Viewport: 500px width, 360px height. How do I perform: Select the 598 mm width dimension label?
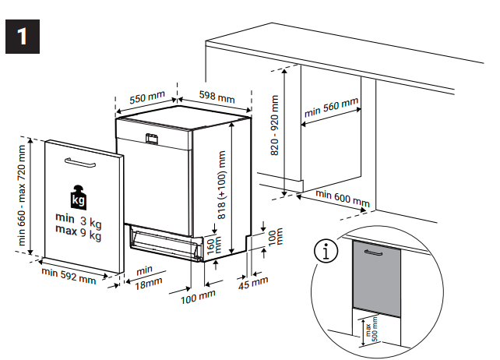pyautogui.click(x=217, y=97)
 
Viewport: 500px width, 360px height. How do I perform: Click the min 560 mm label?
pyautogui.click(x=331, y=108)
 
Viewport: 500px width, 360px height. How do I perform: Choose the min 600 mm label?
pyautogui.click(x=343, y=198)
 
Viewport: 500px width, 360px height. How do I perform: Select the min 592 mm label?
pyautogui.click(x=69, y=274)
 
